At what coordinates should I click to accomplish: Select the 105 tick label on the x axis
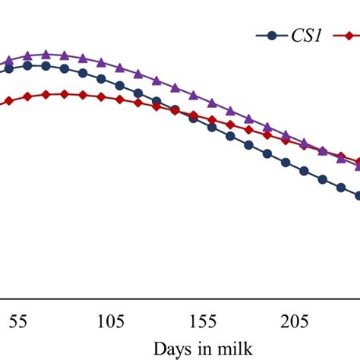click(112, 321)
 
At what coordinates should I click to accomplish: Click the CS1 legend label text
click(303, 35)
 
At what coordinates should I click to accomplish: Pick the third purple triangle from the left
click(46, 54)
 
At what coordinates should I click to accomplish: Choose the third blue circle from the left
click(46, 66)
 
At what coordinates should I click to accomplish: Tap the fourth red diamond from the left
click(65, 94)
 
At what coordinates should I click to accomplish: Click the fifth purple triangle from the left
click(83, 58)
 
